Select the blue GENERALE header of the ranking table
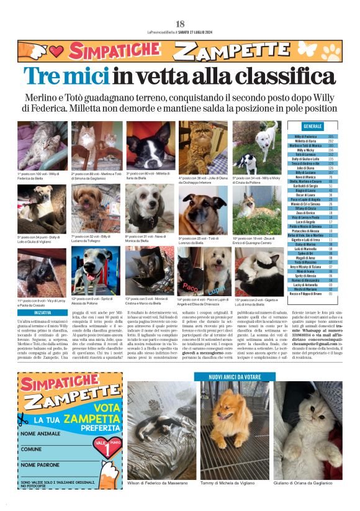313,127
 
